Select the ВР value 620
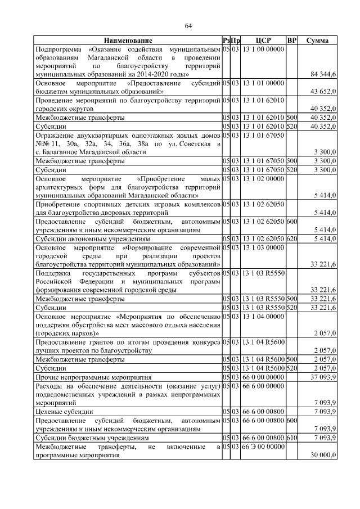click(291, 238)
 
